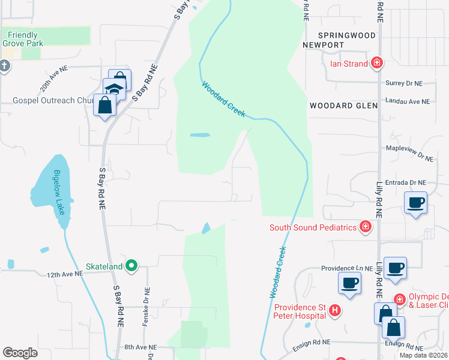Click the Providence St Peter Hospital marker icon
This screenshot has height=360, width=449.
pos(335,310)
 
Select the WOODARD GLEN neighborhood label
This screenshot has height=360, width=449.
pos(343,106)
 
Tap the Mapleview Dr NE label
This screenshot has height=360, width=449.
pos(409,155)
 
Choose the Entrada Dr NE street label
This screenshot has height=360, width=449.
pos(406,182)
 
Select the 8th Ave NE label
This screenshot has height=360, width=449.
pos(140,347)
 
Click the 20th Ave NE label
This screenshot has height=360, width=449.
pos(54,78)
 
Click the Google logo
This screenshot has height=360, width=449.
pos(20,352)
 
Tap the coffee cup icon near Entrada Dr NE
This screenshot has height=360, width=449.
pos(415,202)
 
